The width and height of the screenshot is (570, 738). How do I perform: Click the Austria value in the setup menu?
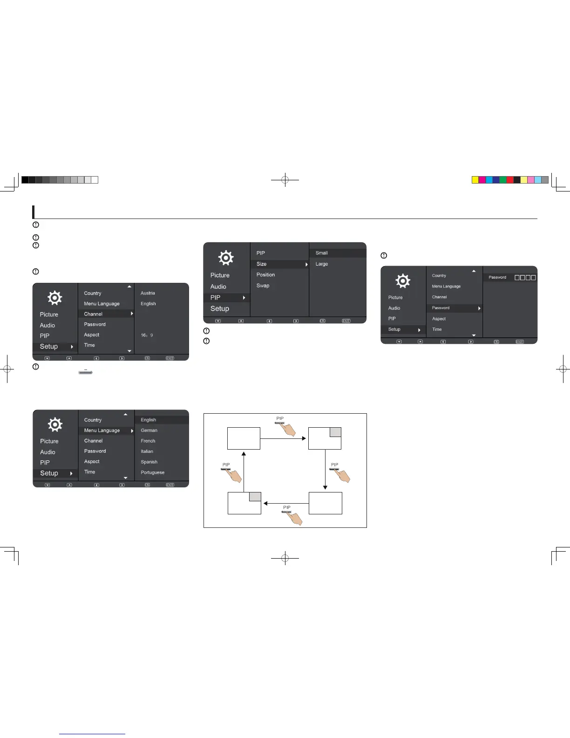click(148, 293)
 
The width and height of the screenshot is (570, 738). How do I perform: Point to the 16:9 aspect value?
click(147, 335)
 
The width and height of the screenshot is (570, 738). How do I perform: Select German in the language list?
click(149, 430)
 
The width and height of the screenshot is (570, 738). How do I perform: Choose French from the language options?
click(148, 441)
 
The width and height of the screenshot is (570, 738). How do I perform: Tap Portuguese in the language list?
click(152, 472)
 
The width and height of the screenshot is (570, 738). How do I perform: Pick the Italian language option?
click(147, 451)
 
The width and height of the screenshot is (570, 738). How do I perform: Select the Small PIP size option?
click(321, 253)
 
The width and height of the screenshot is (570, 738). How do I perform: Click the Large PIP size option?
click(321, 264)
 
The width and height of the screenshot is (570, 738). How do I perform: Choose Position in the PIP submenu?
click(265, 275)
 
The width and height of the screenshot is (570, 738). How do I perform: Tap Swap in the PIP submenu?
click(263, 286)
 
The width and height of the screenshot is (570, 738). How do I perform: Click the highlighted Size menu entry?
click(262, 264)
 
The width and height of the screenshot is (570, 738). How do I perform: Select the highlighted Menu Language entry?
click(102, 430)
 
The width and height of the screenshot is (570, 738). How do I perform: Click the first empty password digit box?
click(517, 278)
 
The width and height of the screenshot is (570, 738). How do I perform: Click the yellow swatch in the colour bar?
click(475, 180)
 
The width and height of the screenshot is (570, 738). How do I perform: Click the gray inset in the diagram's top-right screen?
click(335, 432)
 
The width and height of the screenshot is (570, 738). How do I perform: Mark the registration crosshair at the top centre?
click(285, 180)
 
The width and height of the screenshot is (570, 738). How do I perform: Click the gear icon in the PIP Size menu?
click(226, 258)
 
